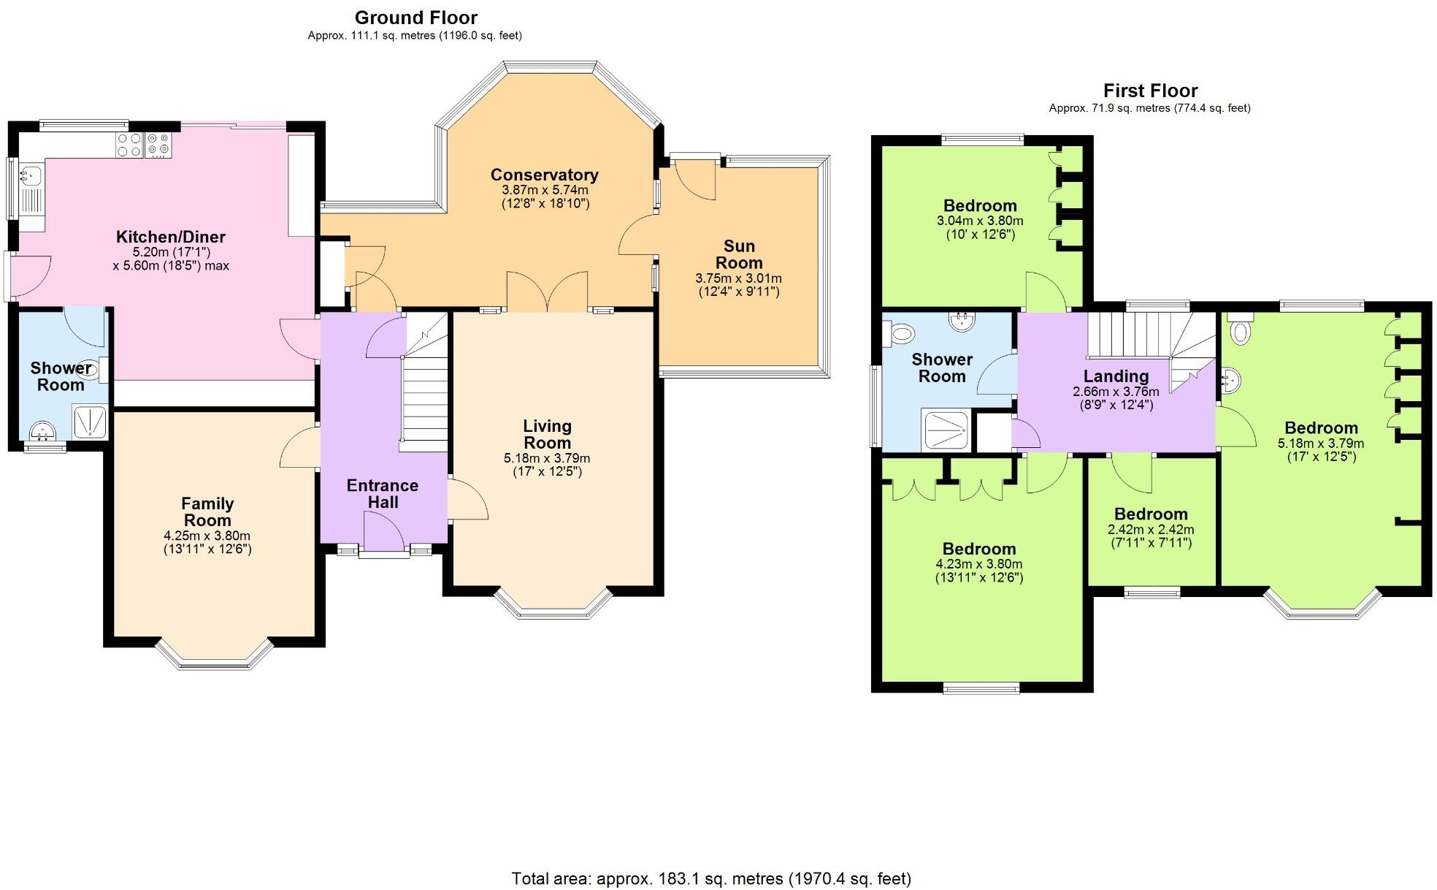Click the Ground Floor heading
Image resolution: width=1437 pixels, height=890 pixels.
tap(415, 18)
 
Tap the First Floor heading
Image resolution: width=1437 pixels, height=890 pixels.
tap(1150, 91)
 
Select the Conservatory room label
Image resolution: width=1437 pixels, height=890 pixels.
tap(544, 175)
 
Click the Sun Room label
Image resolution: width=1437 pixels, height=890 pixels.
tap(739, 254)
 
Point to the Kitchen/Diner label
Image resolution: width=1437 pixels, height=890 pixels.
tap(171, 237)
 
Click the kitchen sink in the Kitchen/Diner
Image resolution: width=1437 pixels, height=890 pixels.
tap(30, 175)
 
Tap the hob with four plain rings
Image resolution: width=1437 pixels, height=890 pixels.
tap(130, 145)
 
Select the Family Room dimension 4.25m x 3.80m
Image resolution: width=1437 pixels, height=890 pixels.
tap(207, 536)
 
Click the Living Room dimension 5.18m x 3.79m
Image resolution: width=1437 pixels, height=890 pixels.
tap(547, 458)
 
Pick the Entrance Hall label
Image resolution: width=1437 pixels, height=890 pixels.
tap(383, 494)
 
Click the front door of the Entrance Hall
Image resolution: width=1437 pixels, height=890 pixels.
tap(383, 532)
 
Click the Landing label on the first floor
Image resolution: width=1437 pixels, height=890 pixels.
tap(1116, 376)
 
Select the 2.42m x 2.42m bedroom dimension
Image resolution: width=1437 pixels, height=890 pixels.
tap(1151, 530)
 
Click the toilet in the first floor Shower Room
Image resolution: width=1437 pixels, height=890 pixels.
tap(900, 335)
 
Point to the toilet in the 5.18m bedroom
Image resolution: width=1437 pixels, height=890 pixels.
tap(1239, 330)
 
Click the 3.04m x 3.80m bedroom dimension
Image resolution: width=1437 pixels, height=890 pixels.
tap(980, 221)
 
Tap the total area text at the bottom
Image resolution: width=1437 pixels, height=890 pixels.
tap(711, 878)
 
